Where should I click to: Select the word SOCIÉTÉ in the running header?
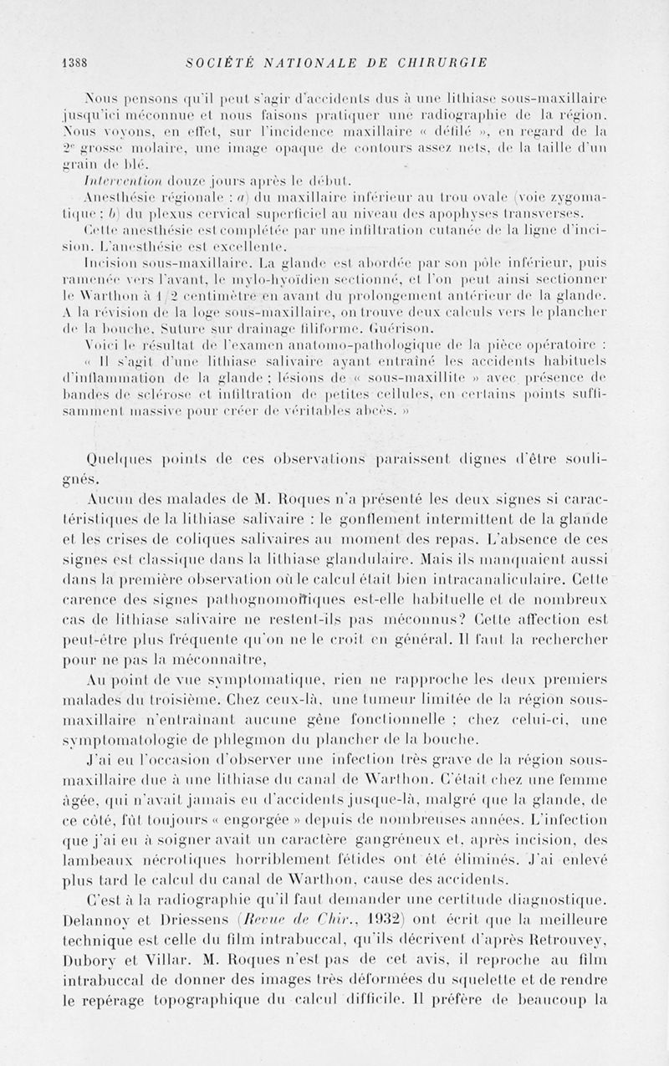click(220, 63)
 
